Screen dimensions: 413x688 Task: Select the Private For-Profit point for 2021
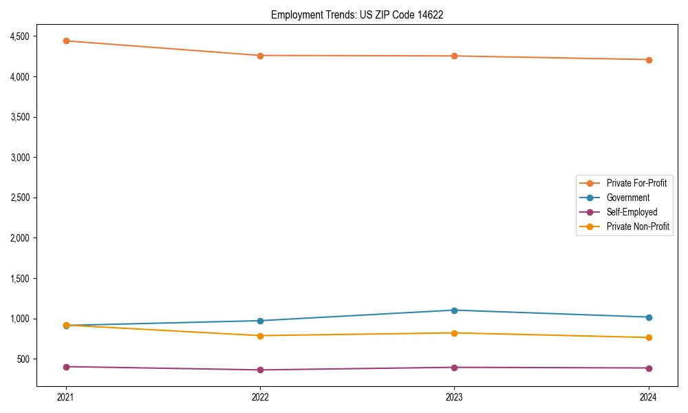pyautogui.click(x=66, y=41)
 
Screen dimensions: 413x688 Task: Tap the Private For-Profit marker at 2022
pyautogui.click(x=260, y=56)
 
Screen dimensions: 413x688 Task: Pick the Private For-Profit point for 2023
pyautogui.click(x=454, y=56)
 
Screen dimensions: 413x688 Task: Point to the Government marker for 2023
pyautogui.click(x=454, y=310)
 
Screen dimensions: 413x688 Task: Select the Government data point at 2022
pyautogui.click(x=260, y=321)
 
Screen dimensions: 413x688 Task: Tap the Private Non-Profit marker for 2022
pyautogui.click(x=260, y=336)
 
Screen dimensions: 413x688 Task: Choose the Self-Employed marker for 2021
pyautogui.click(x=66, y=367)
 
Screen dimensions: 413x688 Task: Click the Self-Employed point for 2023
pyautogui.click(x=454, y=368)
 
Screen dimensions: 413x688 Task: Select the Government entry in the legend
pyautogui.click(x=627, y=198)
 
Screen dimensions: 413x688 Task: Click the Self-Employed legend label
pyautogui.click(x=632, y=212)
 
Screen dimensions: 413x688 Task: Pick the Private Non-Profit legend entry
pyautogui.click(x=638, y=226)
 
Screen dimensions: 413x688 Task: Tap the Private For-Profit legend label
pyautogui.click(x=636, y=183)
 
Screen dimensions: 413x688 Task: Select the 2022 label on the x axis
pyautogui.click(x=260, y=396)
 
